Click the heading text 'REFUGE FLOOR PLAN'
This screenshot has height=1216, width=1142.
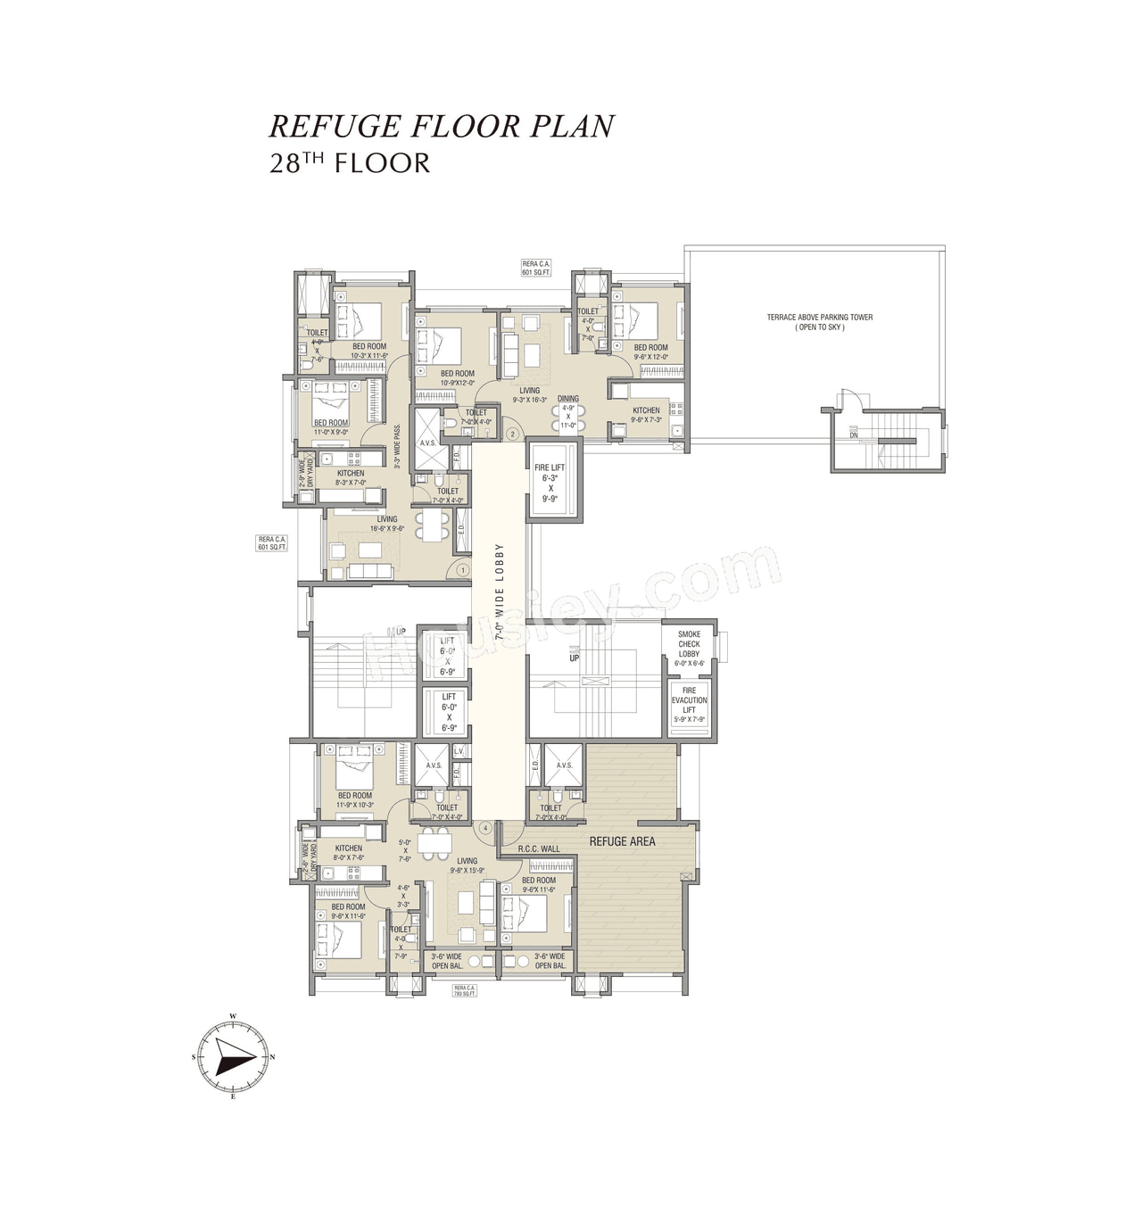[442, 126]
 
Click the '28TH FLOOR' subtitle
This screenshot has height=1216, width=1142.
[350, 163]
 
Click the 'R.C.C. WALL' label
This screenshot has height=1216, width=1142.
[539, 849]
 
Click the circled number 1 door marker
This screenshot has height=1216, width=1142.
[462, 569]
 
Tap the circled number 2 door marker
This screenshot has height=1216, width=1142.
[512, 434]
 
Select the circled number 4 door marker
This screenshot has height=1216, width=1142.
[485, 828]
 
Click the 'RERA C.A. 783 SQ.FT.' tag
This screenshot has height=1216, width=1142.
[465, 990]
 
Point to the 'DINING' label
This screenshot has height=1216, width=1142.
[568, 399]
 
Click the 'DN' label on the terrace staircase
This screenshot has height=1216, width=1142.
[854, 434]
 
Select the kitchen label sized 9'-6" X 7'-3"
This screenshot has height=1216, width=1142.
[646, 415]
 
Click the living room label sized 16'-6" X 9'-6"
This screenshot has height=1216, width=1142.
[386, 524]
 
